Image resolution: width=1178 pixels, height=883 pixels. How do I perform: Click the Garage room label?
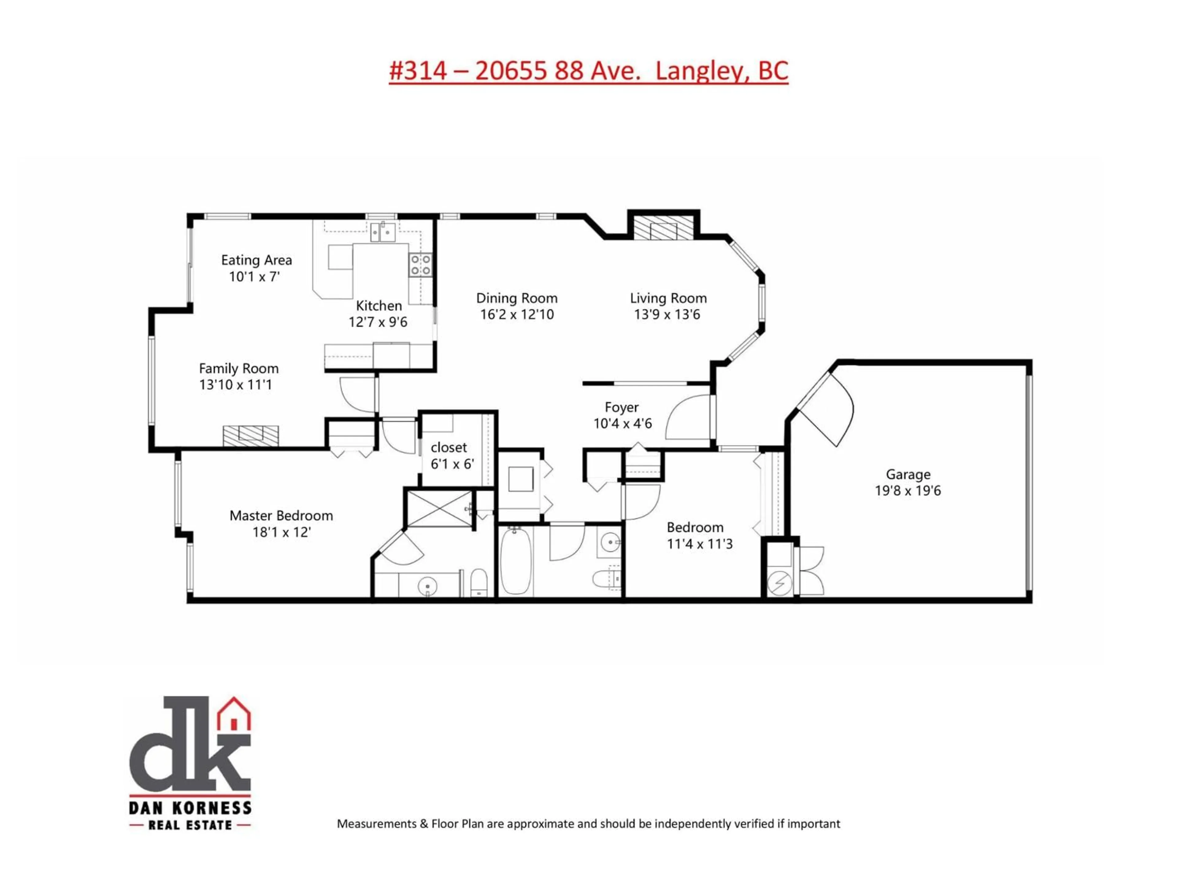tap(908, 474)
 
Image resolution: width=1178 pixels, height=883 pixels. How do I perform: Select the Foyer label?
tap(622, 407)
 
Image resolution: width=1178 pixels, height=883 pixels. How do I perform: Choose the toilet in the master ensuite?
tap(479, 583)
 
